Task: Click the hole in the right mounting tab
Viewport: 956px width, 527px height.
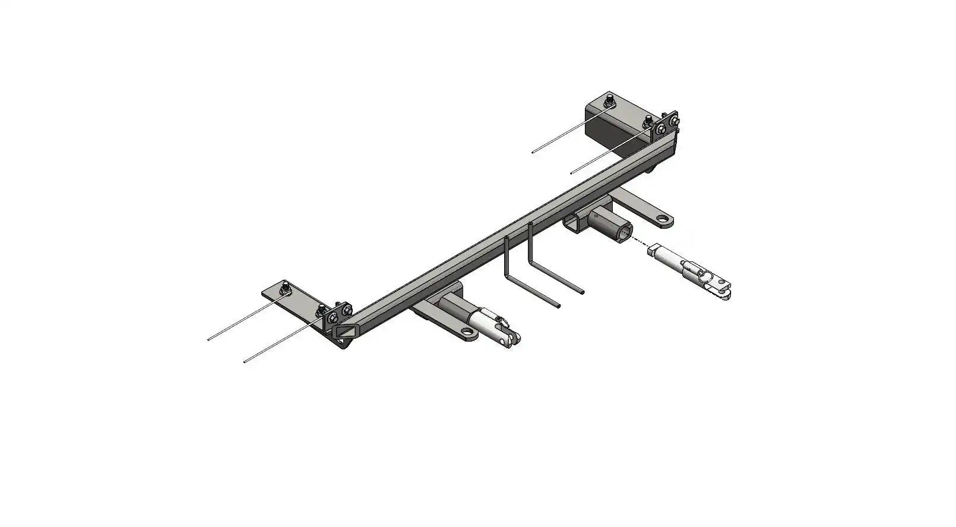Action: click(663, 220)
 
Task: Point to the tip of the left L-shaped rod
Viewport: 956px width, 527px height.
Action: click(558, 305)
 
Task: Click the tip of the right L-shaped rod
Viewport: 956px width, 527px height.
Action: click(583, 292)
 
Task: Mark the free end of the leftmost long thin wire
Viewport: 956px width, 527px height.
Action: click(209, 339)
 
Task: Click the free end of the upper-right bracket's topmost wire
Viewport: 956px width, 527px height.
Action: click(533, 152)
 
